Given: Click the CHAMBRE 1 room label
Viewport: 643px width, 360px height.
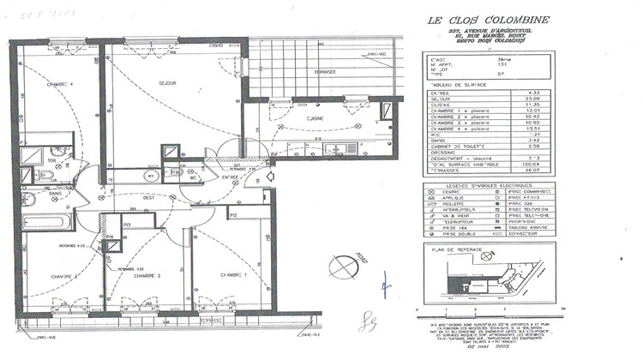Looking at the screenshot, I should pos(234,274).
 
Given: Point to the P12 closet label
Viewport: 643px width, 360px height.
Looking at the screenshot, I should pos(232,217).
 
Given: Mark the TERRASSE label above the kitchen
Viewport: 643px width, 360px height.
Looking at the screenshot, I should pos(325,71).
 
